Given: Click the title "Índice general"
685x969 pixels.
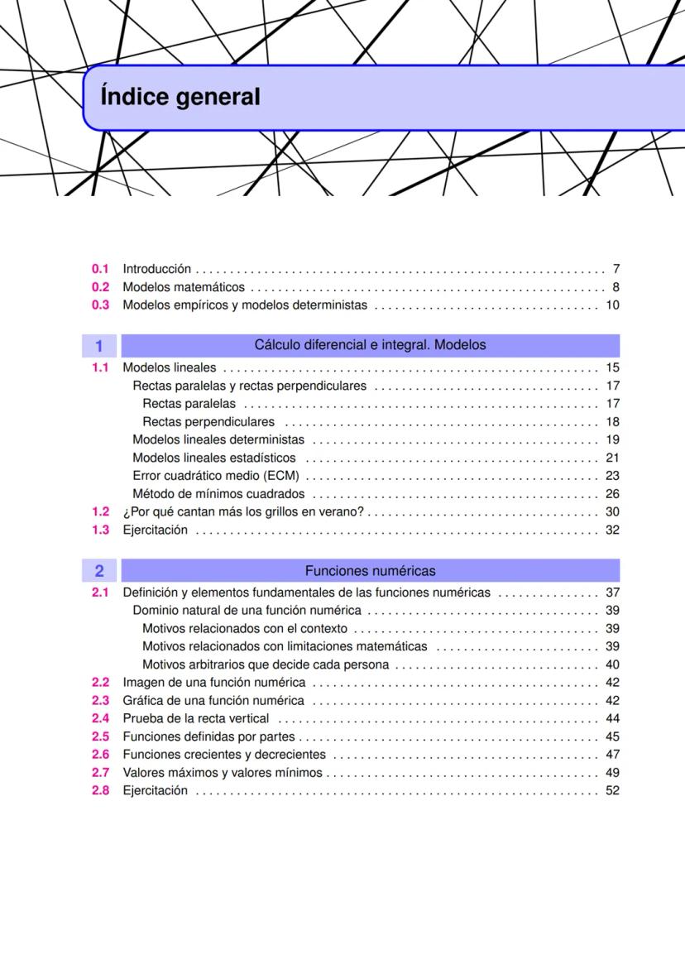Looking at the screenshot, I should coord(180,98).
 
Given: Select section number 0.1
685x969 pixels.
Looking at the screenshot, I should coord(100,269).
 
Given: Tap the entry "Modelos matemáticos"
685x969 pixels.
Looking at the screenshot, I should coord(184,287).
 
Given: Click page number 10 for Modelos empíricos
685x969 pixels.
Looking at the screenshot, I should coord(612,305).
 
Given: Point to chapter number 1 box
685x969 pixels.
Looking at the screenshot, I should coord(99,345).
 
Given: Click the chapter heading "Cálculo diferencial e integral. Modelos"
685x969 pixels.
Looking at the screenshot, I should coord(370,345).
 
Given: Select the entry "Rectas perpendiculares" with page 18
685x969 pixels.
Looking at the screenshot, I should coord(208,422).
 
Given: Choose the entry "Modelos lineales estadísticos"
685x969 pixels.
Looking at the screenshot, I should coord(214,458).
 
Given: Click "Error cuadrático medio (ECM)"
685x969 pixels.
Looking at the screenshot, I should coord(215,476).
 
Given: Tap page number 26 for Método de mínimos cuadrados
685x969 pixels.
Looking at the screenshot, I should coord(612,494).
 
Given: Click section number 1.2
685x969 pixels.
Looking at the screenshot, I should coord(100,512).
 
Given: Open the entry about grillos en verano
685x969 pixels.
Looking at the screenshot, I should coord(243,512).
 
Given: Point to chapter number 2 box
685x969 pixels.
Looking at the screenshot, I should coord(99,571).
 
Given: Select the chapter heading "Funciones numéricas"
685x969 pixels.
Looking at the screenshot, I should coord(370,571).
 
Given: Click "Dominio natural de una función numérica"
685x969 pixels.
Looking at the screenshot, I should coord(247,611).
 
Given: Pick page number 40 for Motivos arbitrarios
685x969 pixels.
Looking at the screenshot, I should coord(612,664).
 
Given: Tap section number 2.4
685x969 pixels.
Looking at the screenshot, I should coord(100,718).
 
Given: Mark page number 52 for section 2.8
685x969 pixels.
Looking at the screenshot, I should coord(612,791).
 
